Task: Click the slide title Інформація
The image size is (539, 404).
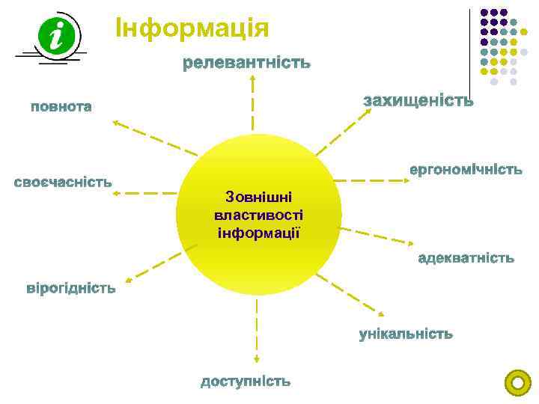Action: coord(192,28)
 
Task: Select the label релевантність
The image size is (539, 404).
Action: coord(247,64)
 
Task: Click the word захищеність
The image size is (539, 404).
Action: coord(418,101)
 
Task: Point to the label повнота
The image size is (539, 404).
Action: coord(61,106)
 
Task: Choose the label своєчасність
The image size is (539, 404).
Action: coord(64,182)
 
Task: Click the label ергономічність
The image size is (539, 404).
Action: coord(465,170)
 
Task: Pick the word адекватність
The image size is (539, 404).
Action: coord(466,258)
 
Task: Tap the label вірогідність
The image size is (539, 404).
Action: coord(71,288)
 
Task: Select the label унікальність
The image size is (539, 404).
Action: coord(406,334)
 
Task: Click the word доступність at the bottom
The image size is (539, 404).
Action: coord(246,382)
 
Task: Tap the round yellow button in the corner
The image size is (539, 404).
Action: coord(517,383)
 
